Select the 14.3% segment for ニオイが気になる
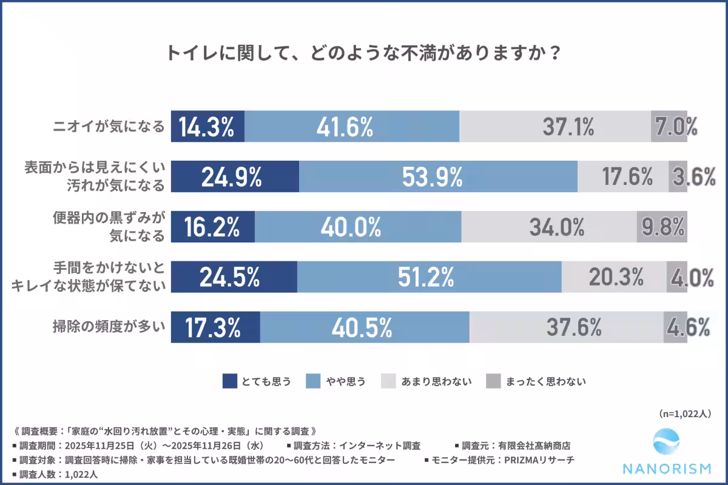pyautogui.click(x=207, y=126)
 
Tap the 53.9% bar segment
pyautogui.click(x=438, y=176)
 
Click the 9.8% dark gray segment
pyautogui.click(x=662, y=227)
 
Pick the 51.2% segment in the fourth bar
pyautogui.click(x=429, y=277)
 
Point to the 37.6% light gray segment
pyautogui.click(x=566, y=327)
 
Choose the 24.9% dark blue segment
pyautogui.click(x=235, y=176)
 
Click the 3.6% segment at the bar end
pyautogui.click(x=678, y=176)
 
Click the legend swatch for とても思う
pyautogui.click(x=229, y=381)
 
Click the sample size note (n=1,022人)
pyautogui.click(x=684, y=413)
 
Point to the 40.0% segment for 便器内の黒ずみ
pyautogui.click(x=358, y=227)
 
